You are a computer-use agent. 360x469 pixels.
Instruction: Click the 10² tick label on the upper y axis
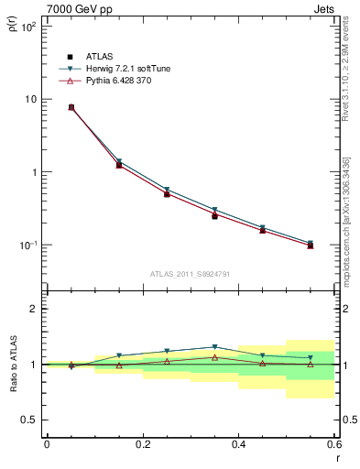point(28,27)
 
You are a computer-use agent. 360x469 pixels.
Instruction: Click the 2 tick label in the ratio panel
point(33,309)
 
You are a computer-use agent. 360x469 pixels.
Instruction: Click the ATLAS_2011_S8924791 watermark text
point(190,273)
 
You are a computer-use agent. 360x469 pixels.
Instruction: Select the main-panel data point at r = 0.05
point(71,107)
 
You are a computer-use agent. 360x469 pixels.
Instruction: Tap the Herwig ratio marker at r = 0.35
point(214,347)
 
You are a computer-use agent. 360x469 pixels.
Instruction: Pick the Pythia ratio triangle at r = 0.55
point(310,364)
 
